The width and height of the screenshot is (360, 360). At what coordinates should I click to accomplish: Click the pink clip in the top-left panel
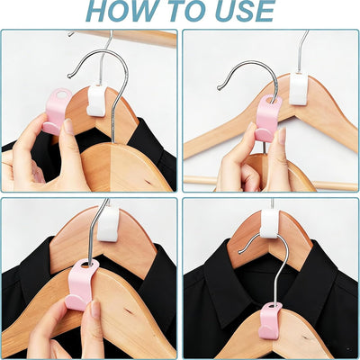(57, 112)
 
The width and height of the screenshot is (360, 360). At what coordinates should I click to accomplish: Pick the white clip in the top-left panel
(97, 101)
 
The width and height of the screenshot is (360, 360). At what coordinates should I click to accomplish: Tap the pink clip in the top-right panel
(268, 119)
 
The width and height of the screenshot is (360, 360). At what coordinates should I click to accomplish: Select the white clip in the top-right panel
(299, 89)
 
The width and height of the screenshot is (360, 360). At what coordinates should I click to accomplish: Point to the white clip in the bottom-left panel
(108, 224)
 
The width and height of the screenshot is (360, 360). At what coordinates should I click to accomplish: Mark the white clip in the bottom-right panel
(270, 223)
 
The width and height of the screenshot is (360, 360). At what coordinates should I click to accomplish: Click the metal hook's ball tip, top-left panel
(69, 76)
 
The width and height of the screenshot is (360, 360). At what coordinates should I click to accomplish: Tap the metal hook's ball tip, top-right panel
(220, 88)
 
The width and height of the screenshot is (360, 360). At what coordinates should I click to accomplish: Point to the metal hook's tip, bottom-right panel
(240, 252)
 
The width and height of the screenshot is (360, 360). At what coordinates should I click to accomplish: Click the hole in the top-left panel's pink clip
(62, 94)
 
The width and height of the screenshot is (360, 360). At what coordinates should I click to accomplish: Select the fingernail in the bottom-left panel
(95, 309)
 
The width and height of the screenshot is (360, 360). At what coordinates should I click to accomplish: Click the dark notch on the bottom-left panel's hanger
(130, 311)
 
